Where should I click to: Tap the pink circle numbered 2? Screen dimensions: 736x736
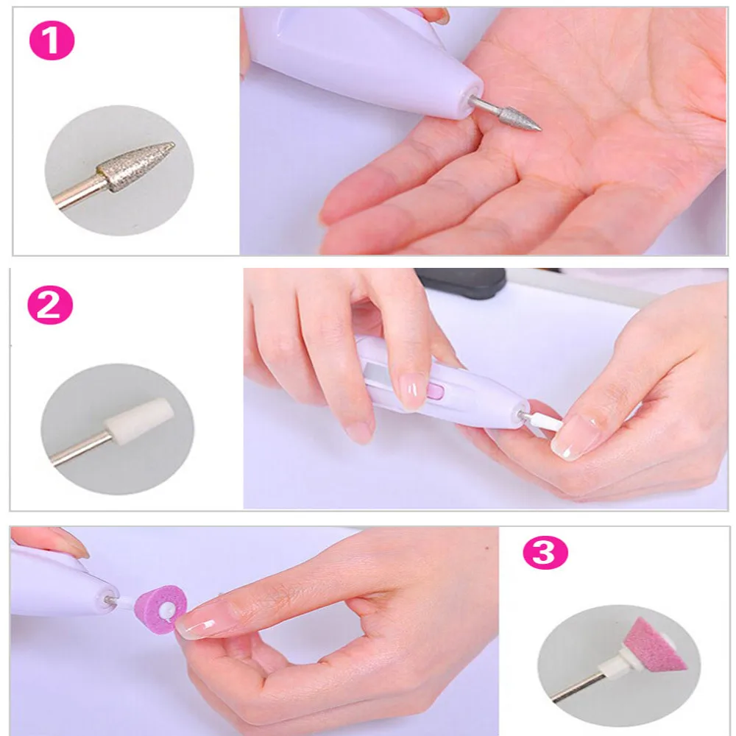point(51,308)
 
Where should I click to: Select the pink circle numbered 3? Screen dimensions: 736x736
point(545,553)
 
